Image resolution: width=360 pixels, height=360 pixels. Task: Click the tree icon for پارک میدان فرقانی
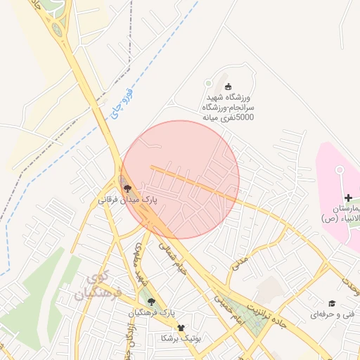(x=127, y=188)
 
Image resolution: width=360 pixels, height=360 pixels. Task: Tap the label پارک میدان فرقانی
(x=127, y=200)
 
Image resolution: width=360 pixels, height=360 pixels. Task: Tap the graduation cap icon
(x=331, y=303)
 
